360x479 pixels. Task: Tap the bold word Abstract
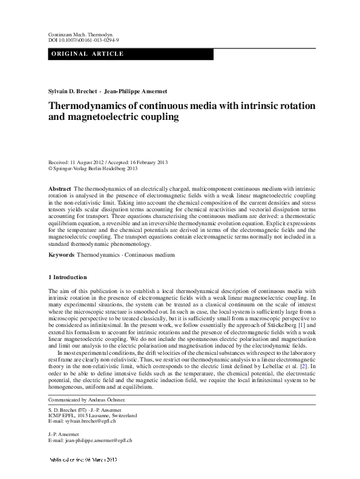coord(59,190)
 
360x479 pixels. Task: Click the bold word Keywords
coord(61,256)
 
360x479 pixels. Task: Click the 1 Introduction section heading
coord(67,277)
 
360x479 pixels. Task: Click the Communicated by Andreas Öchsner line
coord(87,400)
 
